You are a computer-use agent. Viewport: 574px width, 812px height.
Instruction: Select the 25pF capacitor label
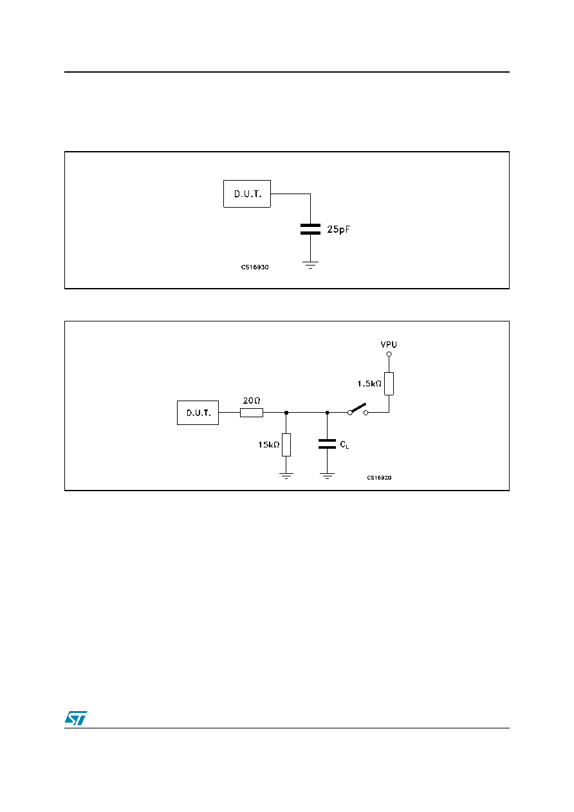pos(338,230)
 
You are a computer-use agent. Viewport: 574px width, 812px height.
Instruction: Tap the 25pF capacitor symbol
pos(310,229)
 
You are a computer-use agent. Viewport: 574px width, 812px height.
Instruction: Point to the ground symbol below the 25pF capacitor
pos(310,265)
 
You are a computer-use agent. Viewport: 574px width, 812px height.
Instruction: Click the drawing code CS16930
pos(255,267)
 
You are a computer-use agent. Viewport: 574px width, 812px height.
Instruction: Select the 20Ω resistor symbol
pos(252,413)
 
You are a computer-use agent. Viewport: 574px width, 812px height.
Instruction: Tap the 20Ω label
pos(252,401)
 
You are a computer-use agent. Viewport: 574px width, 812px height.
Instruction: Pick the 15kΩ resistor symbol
pos(286,445)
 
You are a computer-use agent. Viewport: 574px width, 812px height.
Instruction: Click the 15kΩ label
pos(269,445)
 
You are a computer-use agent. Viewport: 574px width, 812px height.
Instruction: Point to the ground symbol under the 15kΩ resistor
pos(286,476)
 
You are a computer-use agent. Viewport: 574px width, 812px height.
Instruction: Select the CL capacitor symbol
pos(327,444)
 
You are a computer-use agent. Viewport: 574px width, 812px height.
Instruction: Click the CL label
pos(344,445)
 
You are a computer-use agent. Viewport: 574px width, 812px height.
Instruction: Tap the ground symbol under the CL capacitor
pos(327,476)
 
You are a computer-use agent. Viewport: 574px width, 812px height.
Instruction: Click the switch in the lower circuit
pos(358,410)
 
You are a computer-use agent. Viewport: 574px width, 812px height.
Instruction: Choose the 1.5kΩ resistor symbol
pos(389,384)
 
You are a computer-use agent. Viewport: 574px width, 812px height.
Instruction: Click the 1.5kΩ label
pos(369,384)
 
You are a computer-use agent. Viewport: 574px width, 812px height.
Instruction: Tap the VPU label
pos(389,345)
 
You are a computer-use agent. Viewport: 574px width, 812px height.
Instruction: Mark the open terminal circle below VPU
pos(389,354)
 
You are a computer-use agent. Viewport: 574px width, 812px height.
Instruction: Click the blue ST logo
pos(76,717)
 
